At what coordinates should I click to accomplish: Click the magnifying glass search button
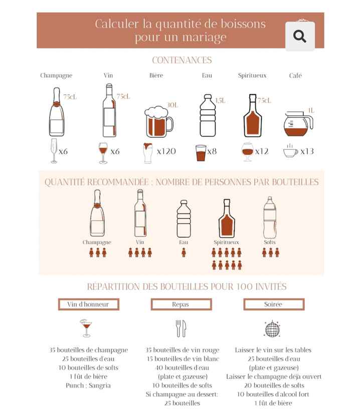coord(300,36)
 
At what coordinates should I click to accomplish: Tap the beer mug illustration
coord(159,122)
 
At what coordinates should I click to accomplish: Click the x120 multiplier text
coord(166,151)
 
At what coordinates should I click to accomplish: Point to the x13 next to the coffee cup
coord(307,151)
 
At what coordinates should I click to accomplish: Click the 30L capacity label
coord(172,105)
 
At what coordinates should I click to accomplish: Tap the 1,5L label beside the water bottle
coord(220,101)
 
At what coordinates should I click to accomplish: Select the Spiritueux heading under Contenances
coord(252,76)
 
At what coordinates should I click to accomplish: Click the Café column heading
coord(295,75)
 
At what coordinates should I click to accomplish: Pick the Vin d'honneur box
coord(89,304)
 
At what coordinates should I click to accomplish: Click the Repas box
coord(182,304)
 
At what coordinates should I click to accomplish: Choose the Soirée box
coord(274,304)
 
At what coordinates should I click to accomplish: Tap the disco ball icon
coord(272,329)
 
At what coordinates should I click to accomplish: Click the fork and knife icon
coord(181,328)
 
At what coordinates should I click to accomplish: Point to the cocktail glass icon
coord(86,328)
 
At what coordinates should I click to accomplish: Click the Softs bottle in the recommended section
coord(270,218)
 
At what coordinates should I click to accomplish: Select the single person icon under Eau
coord(184,253)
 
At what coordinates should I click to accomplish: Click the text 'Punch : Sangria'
coord(88,385)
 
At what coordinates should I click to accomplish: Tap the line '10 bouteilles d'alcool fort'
coord(273,394)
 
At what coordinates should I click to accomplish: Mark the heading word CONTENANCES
coord(182,60)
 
